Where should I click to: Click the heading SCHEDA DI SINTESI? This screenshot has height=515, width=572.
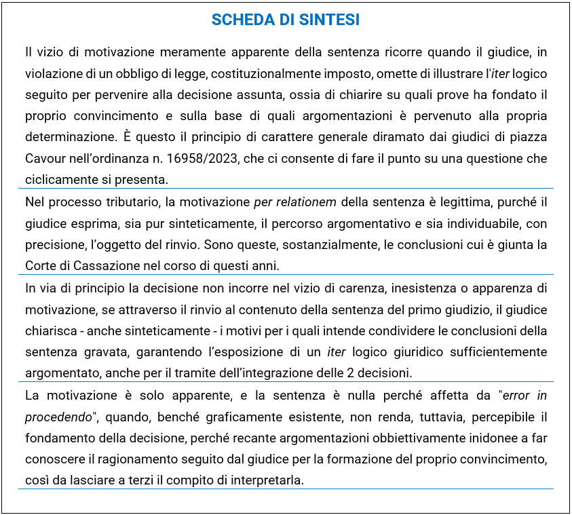point(286,20)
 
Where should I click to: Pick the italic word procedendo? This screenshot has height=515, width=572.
point(58,416)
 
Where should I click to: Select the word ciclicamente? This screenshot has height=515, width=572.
point(57,180)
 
